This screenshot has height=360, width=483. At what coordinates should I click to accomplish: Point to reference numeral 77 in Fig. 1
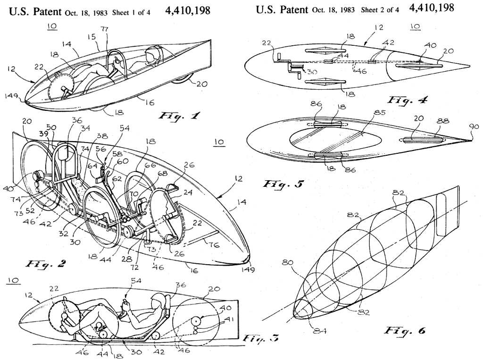(105, 29)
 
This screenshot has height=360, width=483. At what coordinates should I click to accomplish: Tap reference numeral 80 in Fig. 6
(287, 262)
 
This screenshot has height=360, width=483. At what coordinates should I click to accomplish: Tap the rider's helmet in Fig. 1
(152, 55)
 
